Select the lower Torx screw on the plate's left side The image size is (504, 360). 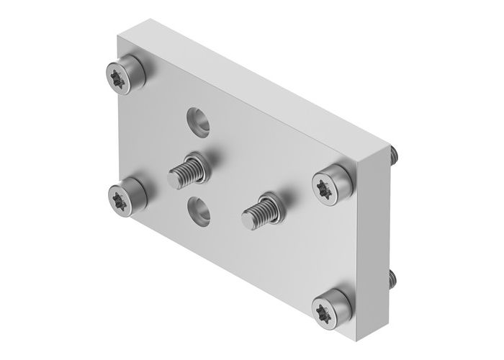point(126,196)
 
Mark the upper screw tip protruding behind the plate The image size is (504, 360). point(395,153)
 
